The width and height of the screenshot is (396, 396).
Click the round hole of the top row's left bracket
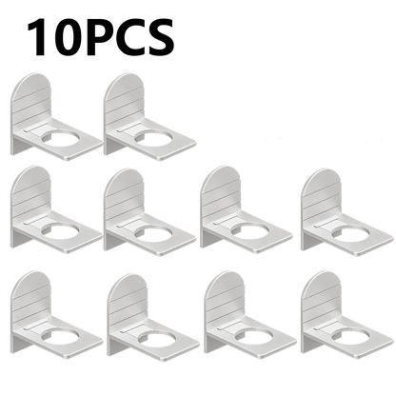[x=61, y=140]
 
